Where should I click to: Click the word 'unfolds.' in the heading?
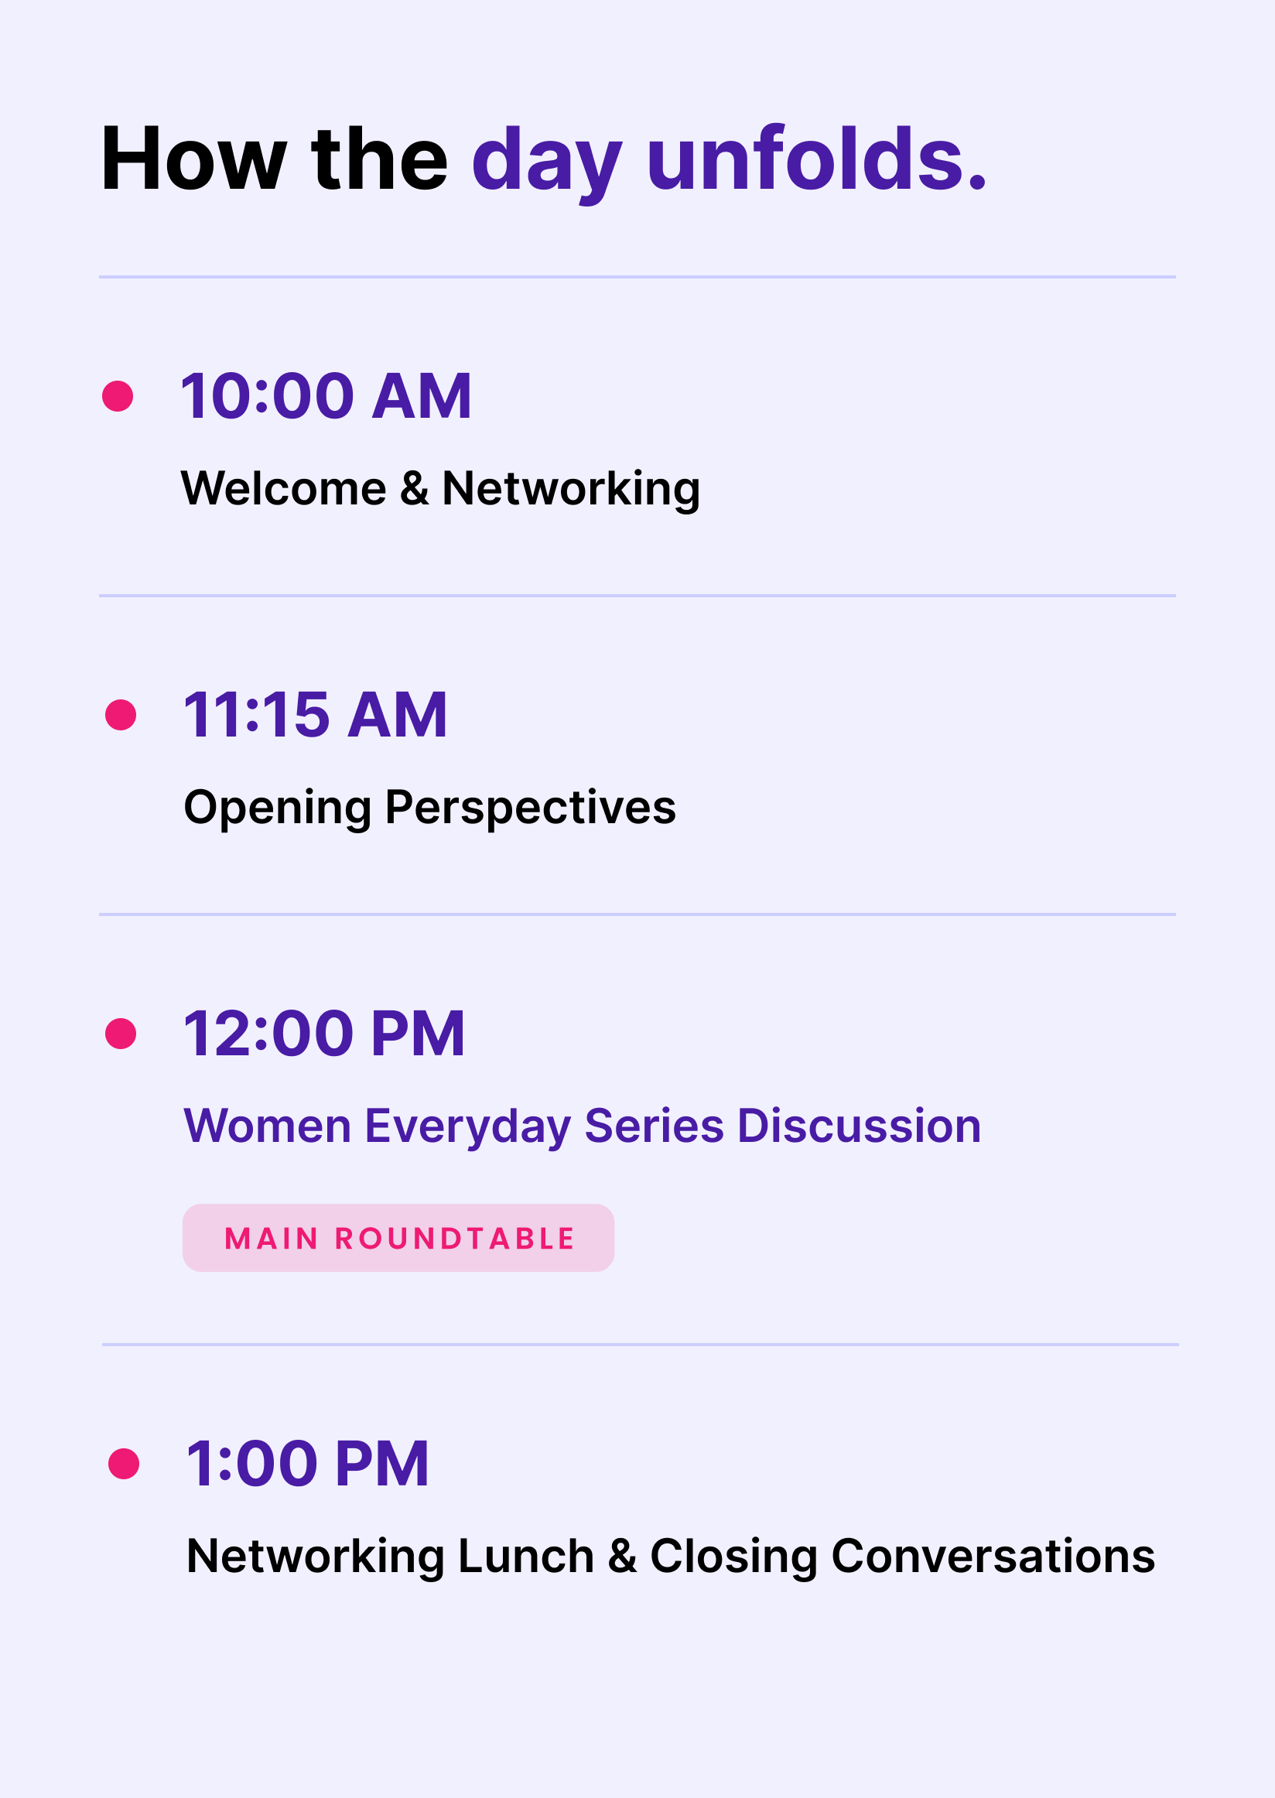[x=816, y=159]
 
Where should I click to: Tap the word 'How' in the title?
[x=193, y=159]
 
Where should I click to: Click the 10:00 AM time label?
[x=326, y=395]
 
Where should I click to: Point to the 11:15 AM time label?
[x=316, y=715]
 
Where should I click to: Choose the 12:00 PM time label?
[x=324, y=1034]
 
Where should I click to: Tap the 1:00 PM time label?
[x=308, y=1464]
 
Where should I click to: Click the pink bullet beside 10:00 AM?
[x=118, y=396]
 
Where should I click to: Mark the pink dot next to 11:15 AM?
[x=121, y=716]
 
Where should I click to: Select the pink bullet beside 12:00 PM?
[x=121, y=1034]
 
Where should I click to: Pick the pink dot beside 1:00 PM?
[x=124, y=1465]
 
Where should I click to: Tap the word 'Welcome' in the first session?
[x=284, y=488]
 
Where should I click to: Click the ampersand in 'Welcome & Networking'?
[x=415, y=488]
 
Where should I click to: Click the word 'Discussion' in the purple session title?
[x=860, y=1126]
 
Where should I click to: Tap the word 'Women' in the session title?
[x=268, y=1126]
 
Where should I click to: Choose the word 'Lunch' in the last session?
[x=526, y=1556]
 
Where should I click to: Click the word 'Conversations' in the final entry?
[x=993, y=1556]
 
